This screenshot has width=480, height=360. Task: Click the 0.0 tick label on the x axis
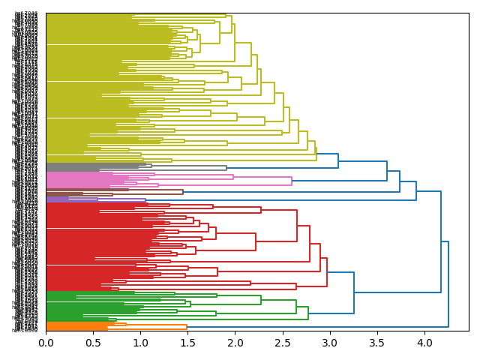(x=46, y=343)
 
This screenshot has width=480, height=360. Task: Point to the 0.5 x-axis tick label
(x=93, y=343)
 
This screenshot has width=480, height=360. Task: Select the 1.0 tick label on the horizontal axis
(x=140, y=343)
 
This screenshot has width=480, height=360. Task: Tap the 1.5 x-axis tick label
(x=187, y=343)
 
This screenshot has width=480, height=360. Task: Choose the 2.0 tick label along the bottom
(x=235, y=343)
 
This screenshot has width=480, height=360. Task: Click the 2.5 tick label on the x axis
(x=282, y=343)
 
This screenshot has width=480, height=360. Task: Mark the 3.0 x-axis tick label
(x=329, y=343)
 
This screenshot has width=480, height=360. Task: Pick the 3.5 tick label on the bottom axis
(x=376, y=343)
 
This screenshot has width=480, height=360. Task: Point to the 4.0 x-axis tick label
(x=424, y=343)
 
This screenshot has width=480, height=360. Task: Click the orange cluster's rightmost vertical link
(x=187, y=326)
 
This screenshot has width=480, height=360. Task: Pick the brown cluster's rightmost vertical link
(x=183, y=192)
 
